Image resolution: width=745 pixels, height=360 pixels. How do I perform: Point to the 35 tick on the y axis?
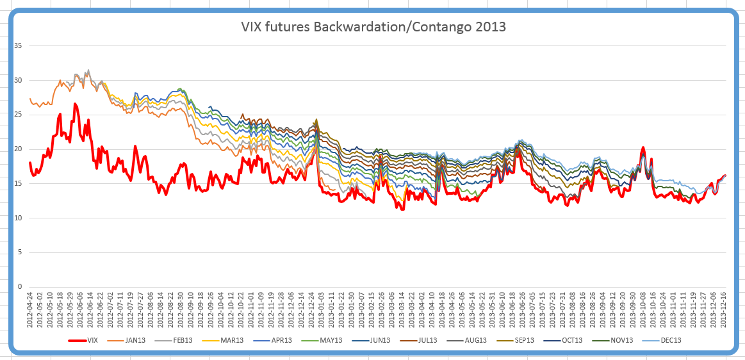18,46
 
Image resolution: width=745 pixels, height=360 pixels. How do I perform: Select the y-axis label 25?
18,115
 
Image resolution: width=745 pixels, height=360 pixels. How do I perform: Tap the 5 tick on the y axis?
20,252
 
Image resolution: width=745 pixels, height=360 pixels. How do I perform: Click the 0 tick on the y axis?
20,286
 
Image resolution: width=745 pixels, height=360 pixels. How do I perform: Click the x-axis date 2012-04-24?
29,310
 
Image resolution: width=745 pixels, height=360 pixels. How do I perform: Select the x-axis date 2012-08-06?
151,310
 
